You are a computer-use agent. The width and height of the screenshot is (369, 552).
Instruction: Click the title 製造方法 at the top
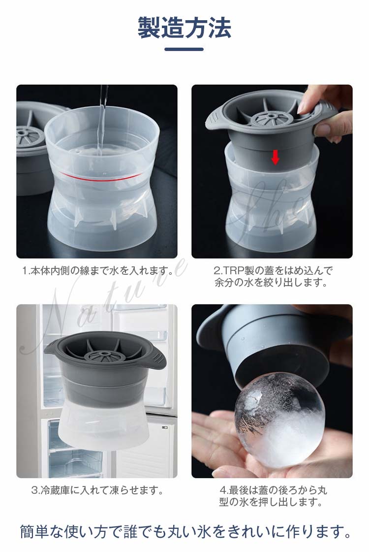[x=184, y=28]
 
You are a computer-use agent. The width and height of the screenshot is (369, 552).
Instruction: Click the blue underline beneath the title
[x=184, y=49]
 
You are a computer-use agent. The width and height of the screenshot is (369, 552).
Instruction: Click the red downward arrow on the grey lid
[x=275, y=158]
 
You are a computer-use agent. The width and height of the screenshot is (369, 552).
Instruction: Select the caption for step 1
[x=98, y=271]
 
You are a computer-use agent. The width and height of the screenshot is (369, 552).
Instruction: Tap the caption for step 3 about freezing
[x=97, y=490]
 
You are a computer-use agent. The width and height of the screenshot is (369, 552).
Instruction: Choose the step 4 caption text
[x=273, y=496]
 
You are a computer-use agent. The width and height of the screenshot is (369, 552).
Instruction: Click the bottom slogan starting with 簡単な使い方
[x=184, y=532]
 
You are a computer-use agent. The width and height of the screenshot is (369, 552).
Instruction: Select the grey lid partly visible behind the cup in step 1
[x=33, y=148]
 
